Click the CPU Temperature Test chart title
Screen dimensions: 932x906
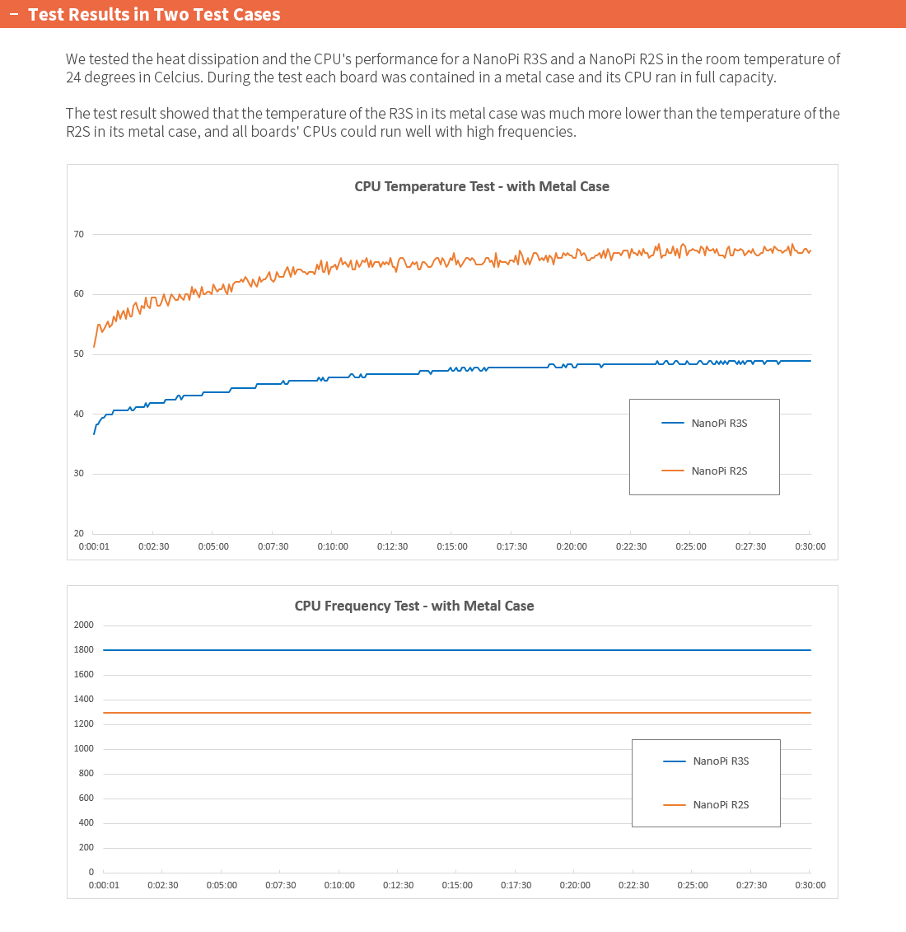click(x=482, y=186)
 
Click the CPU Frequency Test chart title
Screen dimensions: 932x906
click(x=414, y=606)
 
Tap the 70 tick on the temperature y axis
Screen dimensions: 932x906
click(x=79, y=234)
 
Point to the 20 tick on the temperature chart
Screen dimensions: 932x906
click(x=79, y=533)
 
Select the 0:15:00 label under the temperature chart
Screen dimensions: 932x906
click(x=452, y=546)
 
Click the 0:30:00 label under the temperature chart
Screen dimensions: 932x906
click(x=810, y=546)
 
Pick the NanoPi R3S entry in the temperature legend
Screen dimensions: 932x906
click(x=719, y=424)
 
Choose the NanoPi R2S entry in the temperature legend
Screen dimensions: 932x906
click(x=719, y=471)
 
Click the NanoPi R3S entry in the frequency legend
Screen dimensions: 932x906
click(x=721, y=761)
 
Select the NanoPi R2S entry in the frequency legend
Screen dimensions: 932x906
click(x=721, y=805)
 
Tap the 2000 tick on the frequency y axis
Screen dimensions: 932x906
click(x=84, y=625)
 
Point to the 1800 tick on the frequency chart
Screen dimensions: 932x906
click(x=84, y=649)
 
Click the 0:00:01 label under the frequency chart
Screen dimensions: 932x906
click(x=104, y=885)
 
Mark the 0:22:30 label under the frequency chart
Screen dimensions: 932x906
click(x=634, y=885)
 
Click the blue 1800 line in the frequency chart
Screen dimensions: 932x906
click(x=453, y=650)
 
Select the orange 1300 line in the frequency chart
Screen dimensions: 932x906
click(x=453, y=713)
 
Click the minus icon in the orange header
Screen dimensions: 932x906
click(x=13, y=14)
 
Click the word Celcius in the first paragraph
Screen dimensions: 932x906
click(x=172, y=77)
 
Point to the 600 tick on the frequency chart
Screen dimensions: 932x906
click(x=86, y=798)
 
